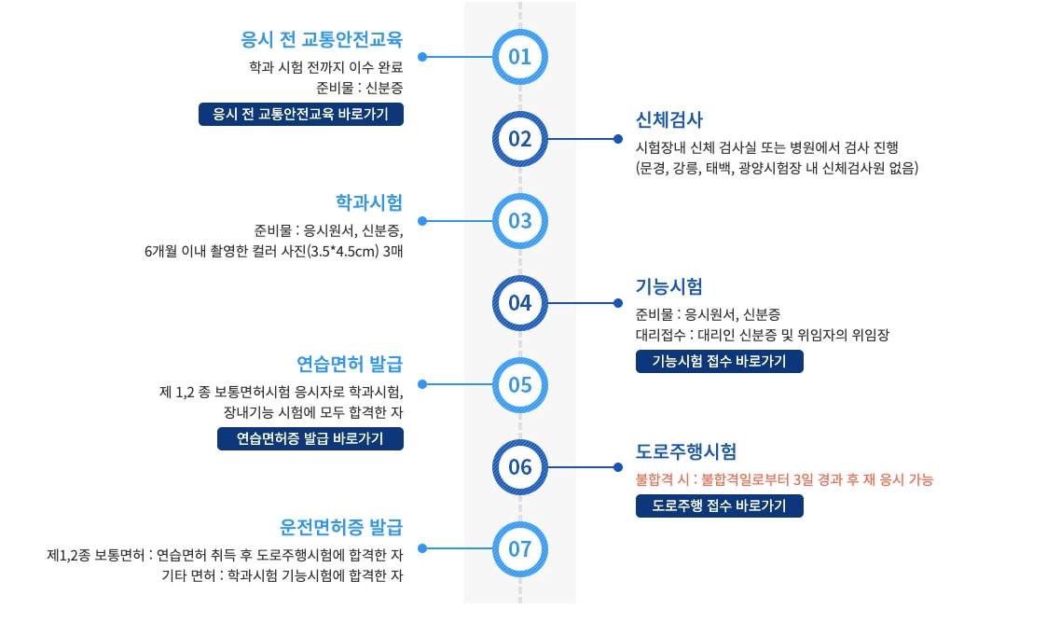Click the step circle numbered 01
click(x=519, y=57)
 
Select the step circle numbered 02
click(x=519, y=139)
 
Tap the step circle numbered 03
click(x=519, y=221)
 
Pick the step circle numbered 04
click(x=519, y=303)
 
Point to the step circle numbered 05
click(x=519, y=384)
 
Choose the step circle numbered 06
click(x=519, y=466)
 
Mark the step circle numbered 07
click(x=519, y=548)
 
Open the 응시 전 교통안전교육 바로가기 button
click(x=301, y=115)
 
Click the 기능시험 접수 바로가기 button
click(x=719, y=361)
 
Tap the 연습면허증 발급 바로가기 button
click(x=310, y=438)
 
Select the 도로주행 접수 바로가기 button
click(x=719, y=506)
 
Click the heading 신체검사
click(x=668, y=119)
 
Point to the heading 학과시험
click(x=369, y=201)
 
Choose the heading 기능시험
click(x=668, y=285)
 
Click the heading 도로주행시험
click(x=686, y=451)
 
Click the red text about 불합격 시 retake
click(x=784, y=479)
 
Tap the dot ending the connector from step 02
click(x=617, y=139)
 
